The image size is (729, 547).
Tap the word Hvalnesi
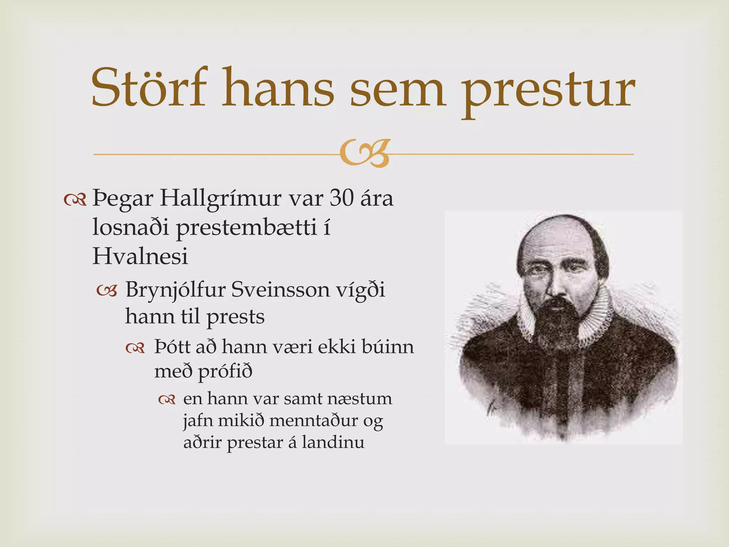pyautogui.click(x=140, y=256)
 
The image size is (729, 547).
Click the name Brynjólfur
pyautogui.click(x=175, y=290)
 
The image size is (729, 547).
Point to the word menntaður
pyautogui.click(x=314, y=421)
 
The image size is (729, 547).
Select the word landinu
pyautogui.click(x=333, y=442)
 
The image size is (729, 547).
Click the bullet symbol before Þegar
pyautogui.click(x=75, y=200)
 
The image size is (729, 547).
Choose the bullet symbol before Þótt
pyautogui.click(x=135, y=348)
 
